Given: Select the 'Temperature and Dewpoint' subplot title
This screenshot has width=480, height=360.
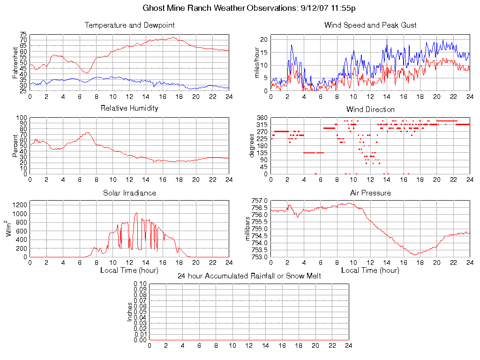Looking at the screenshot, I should (129, 25).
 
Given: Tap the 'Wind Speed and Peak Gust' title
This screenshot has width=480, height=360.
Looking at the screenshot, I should (370, 25).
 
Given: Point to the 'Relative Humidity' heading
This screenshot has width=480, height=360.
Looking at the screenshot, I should (129, 108).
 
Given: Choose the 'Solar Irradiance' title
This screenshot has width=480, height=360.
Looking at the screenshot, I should (129, 193).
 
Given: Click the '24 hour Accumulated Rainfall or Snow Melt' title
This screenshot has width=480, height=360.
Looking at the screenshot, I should (249, 276).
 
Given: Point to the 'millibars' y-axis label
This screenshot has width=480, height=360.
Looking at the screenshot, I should (249, 228).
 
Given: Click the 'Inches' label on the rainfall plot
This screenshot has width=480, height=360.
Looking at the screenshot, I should (130, 312).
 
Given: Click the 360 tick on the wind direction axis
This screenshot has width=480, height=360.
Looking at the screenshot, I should (262, 118).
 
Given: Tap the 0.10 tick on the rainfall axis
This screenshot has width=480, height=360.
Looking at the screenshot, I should (140, 284).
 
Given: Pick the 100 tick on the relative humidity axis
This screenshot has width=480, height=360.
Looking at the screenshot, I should (22, 118).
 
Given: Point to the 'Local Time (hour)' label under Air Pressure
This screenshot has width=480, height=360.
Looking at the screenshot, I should (370, 270).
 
